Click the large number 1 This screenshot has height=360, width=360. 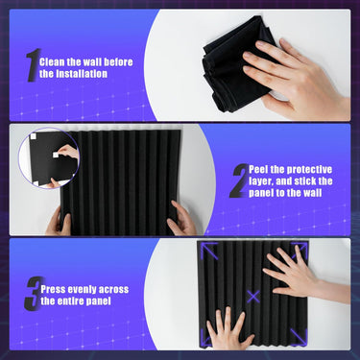pos(34,65)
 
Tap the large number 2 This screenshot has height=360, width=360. pos(239,180)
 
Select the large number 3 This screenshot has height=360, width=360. pos(34,294)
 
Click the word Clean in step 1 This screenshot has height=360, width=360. pos(50,62)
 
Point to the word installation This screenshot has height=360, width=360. pos(82,74)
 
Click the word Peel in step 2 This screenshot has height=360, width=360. pos(258,170)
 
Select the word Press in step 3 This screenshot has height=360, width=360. pos(53,290)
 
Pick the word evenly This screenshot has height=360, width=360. pos(82,290)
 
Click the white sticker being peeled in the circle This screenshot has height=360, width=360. pos(56,155)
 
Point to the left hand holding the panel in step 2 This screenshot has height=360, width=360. pos(59,221)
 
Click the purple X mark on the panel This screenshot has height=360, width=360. pos(253,297)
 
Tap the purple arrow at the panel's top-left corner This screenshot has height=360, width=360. pos(208,251)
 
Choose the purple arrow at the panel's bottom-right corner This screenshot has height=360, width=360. pos(300,337)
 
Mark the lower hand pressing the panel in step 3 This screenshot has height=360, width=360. pos(228,328)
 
